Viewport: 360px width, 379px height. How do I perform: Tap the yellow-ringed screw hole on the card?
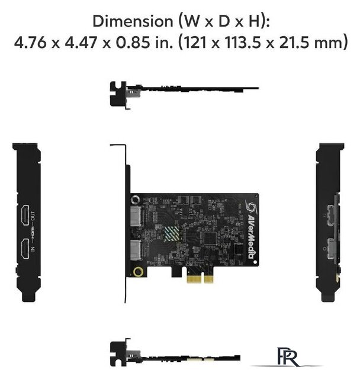click(x=138, y=271)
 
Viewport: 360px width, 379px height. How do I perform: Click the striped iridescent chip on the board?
click(x=172, y=233)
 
